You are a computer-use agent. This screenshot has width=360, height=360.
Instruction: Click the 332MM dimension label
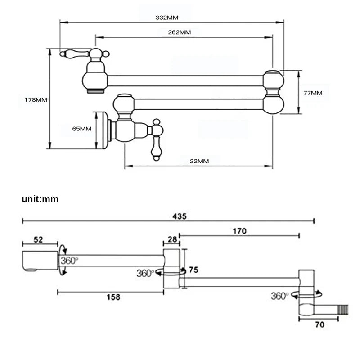(167, 18)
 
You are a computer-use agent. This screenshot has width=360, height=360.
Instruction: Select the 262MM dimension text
(179, 32)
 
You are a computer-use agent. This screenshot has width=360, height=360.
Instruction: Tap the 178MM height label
(36, 100)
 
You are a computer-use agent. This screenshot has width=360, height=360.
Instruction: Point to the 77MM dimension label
(313, 93)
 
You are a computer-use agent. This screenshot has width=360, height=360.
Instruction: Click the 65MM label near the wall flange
(82, 129)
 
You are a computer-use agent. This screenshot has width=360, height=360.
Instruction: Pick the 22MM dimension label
(199, 161)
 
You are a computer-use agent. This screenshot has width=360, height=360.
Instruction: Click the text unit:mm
(40, 199)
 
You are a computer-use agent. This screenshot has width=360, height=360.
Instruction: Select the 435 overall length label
(180, 216)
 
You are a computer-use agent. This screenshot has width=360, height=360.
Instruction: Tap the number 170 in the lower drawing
(240, 231)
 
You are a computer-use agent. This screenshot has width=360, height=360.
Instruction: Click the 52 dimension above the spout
(38, 240)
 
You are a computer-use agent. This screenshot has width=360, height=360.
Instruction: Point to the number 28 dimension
(172, 239)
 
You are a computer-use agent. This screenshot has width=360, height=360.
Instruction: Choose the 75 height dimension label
(193, 270)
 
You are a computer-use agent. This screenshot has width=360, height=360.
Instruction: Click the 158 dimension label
(113, 297)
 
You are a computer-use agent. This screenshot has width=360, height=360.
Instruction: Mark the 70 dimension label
(319, 324)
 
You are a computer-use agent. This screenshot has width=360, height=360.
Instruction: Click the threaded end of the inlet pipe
(343, 310)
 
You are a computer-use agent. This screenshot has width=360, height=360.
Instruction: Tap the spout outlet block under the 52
(40, 261)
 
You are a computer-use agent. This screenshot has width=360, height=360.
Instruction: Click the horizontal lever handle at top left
(74, 54)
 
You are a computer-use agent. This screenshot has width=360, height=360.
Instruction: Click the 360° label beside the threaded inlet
(279, 296)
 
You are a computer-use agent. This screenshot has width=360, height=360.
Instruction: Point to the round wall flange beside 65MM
(105, 130)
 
